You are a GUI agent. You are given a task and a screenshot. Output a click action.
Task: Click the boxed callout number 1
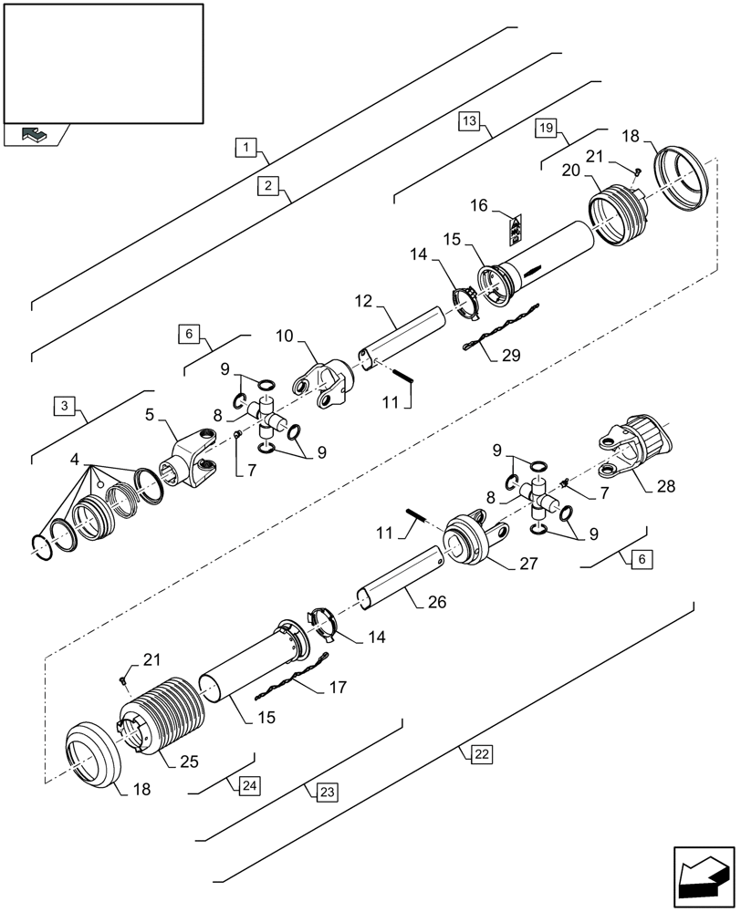247,145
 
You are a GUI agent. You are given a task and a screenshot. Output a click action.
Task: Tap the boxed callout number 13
469,120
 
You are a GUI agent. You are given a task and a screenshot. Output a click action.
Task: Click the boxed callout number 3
63,405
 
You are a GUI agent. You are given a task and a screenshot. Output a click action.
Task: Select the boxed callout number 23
326,792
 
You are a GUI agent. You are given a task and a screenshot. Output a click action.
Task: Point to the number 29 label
514,357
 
